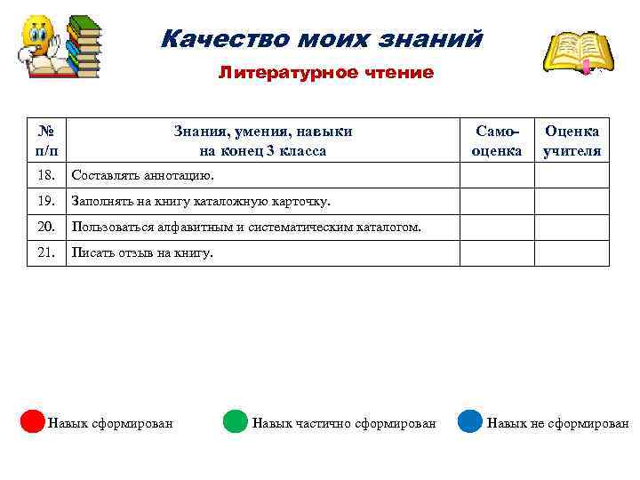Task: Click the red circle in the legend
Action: pyautogui.click(x=33, y=421)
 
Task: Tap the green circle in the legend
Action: pyautogui.click(x=235, y=421)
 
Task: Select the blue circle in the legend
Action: pyautogui.click(x=470, y=421)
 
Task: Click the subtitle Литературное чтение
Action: pyautogui.click(x=326, y=73)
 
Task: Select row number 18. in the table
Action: pyautogui.click(x=47, y=176)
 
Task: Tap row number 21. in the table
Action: pyautogui.click(x=47, y=253)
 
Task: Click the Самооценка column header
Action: pyautogui.click(x=497, y=140)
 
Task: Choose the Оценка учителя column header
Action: pyautogui.click(x=572, y=140)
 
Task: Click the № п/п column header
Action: pyautogui.click(x=47, y=140)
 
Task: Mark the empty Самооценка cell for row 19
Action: pyautogui.click(x=497, y=202)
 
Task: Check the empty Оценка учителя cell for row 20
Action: pyautogui.click(x=572, y=228)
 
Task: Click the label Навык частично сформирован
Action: pyautogui.click(x=344, y=423)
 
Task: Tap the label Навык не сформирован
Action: pyautogui.click(x=557, y=423)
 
